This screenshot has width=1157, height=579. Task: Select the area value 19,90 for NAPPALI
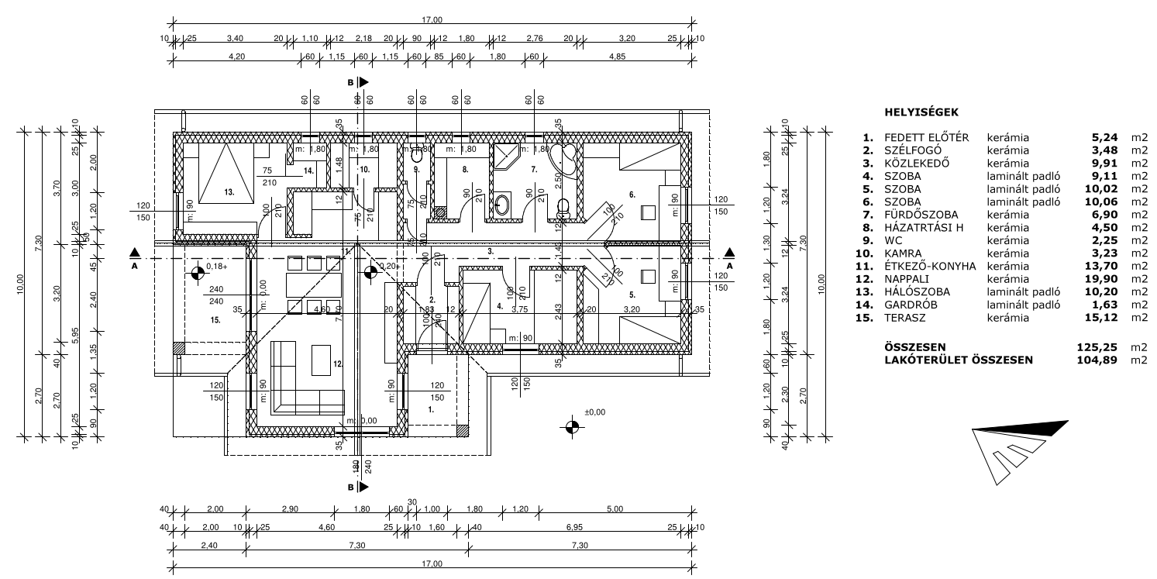(x=1104, y=279)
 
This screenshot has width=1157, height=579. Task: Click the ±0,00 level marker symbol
(x=572, y=426)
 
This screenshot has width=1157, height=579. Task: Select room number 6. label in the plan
(x=632, y=194)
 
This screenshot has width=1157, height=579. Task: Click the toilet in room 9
(x=417, y=155)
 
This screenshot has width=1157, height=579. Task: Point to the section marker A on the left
(x=135, y=253)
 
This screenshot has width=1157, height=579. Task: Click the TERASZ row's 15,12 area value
(x=1104, y=318)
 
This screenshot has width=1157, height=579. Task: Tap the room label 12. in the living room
(x=337, y=364)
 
